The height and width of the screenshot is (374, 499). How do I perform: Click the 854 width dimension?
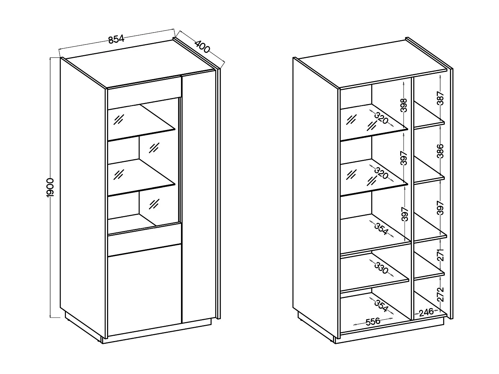click(x=116, y=39)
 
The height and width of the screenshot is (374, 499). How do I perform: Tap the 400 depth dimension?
click(x=202, y=47)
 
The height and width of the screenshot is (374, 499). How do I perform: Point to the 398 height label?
click(x=404, y=105)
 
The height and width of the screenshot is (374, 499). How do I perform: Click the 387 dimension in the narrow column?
click(x=441, y=98)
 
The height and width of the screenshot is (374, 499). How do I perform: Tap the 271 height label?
click(x=441, y=255)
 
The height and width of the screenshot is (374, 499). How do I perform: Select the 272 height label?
click(x=441, y=294)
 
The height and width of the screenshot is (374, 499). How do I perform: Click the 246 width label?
click(x=426, y=312)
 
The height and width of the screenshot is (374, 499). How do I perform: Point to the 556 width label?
click(x=373, y=322)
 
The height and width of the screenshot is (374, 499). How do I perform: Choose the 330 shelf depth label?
click(x=381, y=268)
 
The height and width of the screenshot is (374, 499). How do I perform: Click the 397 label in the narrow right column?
click(x=441, y=208)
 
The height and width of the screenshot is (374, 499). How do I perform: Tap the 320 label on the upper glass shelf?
click(x=382, y=118)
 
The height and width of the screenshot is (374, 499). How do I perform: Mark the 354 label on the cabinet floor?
click(x=381, y=306)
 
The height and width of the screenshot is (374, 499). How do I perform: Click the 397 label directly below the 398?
click(x=404, y=158)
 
